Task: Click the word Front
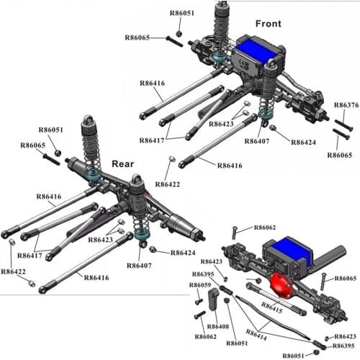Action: coord(268,24)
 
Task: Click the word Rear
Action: coord(122,164)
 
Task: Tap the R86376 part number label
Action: coord(346,105)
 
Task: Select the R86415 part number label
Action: coord(271,307)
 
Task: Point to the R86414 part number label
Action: coord(256,335)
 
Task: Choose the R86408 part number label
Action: coord(218,326)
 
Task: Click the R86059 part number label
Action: coord(200,285)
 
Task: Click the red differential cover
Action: coord(281,286)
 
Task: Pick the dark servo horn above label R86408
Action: coord(213,299)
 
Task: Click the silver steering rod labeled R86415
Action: coord(276,299)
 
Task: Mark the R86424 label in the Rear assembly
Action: coord(183,253)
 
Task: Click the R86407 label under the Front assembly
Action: coord(256,141)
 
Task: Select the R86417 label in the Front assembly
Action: coord(152,140)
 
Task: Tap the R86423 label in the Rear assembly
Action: coord(100,240)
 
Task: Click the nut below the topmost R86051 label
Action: coord(179,34)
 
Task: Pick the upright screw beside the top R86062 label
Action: coord(235,233)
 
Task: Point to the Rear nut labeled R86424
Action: coord(152,249)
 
